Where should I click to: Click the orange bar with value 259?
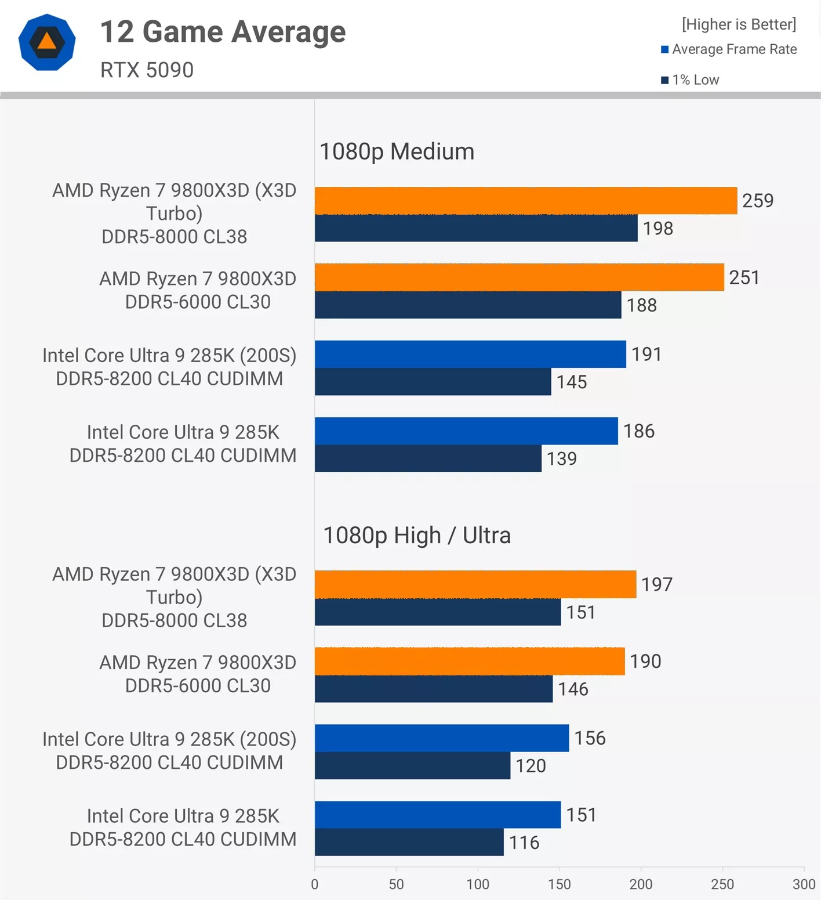click(525, 201)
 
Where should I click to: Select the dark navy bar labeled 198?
click(475, 228)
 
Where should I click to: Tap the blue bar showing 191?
click(470, 354)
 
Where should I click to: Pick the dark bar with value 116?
click(409, 842)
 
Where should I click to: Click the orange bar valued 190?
click(470, 661)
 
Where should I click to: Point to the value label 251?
click(744, 277)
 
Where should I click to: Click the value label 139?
click(561, 458)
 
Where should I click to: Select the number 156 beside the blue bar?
click(590, 738)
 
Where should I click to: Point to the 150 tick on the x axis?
click(560, 884)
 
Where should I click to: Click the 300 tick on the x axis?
click(804, 884)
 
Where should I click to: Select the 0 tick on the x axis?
click(315, 884)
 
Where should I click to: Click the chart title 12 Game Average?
click(223, 31)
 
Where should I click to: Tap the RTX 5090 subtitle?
click(147, 70)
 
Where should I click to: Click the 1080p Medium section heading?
click(397, 151)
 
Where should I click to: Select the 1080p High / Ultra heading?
click(416, 535)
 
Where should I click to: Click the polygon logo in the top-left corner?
click(47, 42)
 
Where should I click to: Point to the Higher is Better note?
click(739, 24)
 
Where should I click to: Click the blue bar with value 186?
click(466, 431)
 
